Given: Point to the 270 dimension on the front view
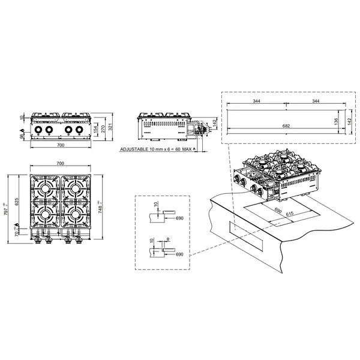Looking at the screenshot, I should pos(104,128).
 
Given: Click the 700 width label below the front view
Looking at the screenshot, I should pos(60,146).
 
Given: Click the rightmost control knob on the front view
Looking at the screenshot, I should pos(81,130).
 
